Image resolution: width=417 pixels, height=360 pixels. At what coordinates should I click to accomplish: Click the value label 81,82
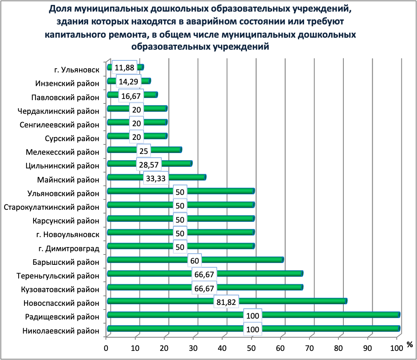[226, 302]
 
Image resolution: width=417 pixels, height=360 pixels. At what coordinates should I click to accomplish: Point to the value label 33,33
[156, 179]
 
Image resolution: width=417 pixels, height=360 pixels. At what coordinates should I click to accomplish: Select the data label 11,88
[124, 68]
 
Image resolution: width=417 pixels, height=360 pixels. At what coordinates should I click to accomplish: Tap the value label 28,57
[149, 165]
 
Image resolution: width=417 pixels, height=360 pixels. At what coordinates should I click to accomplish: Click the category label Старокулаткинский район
[51, 207]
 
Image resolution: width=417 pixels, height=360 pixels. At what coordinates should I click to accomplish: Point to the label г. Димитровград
[69, 248]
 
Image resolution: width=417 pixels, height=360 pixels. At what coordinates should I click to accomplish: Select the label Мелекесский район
[62, 152]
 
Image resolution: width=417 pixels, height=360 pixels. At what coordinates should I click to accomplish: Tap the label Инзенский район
[67, 83]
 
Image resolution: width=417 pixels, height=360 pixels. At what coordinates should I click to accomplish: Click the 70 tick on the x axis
[310, 348]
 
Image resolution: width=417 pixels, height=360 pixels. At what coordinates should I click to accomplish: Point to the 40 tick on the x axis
[223, 348]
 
